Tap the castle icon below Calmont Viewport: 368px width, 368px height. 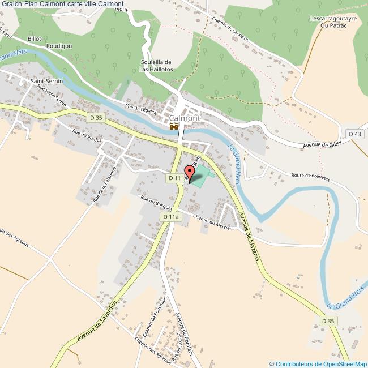pyautogui.click(x=173, y=126)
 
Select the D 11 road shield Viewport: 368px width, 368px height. pyautogui.click(x=175, y=178)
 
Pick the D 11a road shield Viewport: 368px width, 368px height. pyautogui.click(x=170, y=217)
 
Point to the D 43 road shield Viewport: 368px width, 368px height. pyautogui.click(x=355, y=134)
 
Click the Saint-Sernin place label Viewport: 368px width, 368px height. pyautogui.click(x=46, y=81)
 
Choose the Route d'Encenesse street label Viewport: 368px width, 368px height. pyautogui.click(x=311, y=176)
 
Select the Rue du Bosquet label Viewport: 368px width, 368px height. pyautogui.click(x=156, y=204)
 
